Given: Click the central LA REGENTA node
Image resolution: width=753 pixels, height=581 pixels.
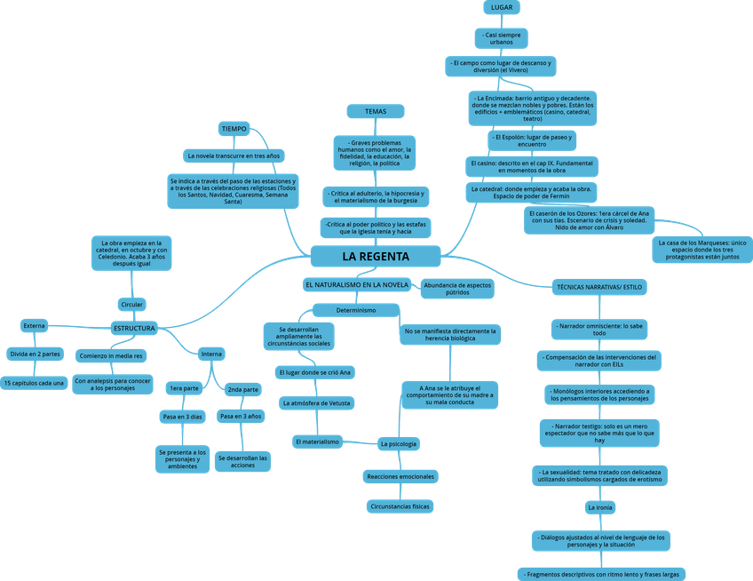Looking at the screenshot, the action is point(376,257).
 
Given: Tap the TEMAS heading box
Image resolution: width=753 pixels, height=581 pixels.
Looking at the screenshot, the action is point(376,111).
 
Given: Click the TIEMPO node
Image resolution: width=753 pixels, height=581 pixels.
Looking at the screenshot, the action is point(234,129).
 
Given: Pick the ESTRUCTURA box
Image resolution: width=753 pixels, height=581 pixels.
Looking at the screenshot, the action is point(134,329).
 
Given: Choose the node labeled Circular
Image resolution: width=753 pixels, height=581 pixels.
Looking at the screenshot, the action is point(131,305).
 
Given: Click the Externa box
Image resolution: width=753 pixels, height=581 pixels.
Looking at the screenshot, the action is point(34,326).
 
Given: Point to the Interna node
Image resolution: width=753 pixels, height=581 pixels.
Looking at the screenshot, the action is point(211,354).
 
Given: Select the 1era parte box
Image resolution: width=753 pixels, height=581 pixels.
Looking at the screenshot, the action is point(184,389).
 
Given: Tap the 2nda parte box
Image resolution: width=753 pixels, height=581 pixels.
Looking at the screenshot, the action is point(242,389).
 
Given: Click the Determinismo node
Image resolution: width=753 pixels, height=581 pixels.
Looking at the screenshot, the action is point(355,310).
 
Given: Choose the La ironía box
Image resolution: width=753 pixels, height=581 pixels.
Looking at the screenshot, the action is point(599,507).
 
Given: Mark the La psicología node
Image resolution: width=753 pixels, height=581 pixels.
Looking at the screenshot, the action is point(398,442).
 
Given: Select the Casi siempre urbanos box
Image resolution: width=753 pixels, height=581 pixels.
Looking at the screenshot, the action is point(502,37).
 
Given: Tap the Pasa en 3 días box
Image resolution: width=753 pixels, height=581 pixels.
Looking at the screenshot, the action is point(182,416).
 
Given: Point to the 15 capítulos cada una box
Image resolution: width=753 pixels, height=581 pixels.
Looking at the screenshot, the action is point(35,383).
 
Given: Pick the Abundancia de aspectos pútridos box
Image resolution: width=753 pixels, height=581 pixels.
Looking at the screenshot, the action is point(457,288).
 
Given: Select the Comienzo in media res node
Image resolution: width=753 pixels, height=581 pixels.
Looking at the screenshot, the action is point(110,356).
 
